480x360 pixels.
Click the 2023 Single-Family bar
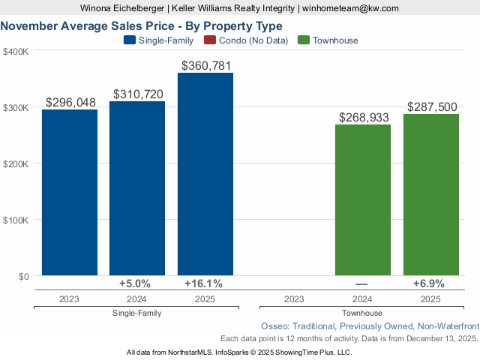(x=69, y=193)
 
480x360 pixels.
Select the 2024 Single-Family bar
(x=137, y=188)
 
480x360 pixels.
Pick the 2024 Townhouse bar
(x=363, y=200)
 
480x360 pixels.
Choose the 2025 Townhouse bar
(x=431, y=195)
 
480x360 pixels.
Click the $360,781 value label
(x=205, y=66)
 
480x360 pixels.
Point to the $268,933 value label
(x=363, y=118)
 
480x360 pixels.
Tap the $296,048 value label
(x=69, y=103)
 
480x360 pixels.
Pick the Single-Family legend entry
(x=161, y=40)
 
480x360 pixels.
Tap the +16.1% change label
(x=204, y=283)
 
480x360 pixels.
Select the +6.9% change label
(x=429, y=283)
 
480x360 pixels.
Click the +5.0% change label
(x=135, y=283)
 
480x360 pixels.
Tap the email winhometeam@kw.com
(x=351, y=8)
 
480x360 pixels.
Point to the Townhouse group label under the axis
(x=362, y=313)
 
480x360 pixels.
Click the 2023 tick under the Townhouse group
(x=294, y=298)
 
